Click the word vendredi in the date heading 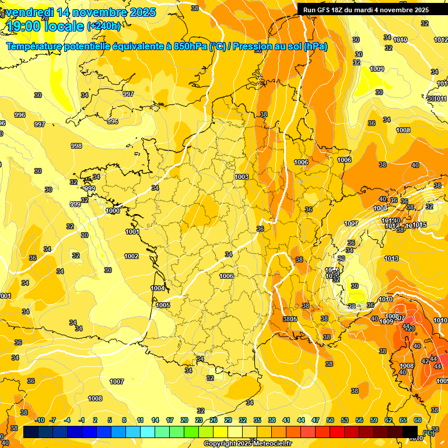coord(31,12)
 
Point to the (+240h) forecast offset coord(104,26)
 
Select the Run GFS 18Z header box coord(366,9)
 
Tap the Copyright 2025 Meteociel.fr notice coord(247,443)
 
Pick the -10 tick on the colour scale coord(40,420)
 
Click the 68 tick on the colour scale coord(418,420)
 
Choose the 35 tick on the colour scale coord(257,420)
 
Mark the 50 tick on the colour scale coord(330,420)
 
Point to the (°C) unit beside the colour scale coord(429,432)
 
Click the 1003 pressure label coord(242,177)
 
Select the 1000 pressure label coord(113,211)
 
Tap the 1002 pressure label coord(131,256)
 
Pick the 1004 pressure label coord(157,288)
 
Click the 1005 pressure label coord(163,305)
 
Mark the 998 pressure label coord(76,146)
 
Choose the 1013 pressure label coord(391,258)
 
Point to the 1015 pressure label coord(420,225)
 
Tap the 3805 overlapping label coord(290,319)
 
